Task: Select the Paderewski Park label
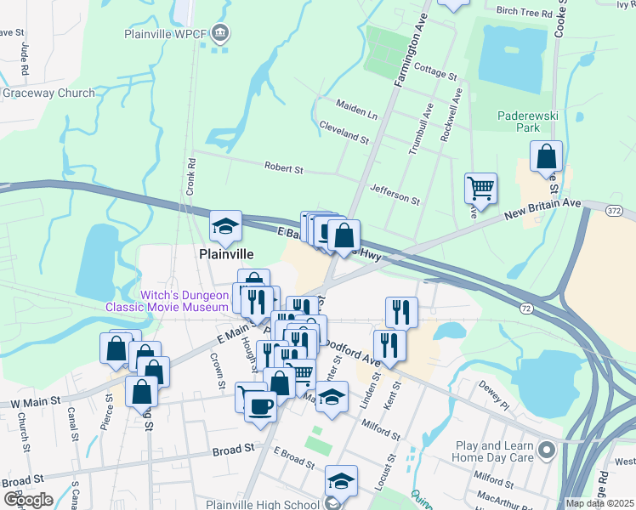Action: point(519,122)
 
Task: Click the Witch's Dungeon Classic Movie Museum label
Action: point(168,300)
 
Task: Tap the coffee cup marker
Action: point(260,405)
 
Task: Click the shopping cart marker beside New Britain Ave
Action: point(480,189)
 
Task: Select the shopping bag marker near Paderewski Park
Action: point(546,156)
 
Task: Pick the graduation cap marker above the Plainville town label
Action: point(226,226)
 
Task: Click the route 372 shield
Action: point(615,208)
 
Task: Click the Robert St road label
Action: point(283,168)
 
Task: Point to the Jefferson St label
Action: point(395,194)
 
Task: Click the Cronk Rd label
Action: point(192,173)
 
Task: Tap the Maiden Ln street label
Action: point(356,110)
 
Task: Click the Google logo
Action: point(28,500)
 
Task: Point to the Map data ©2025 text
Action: point(599,503)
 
